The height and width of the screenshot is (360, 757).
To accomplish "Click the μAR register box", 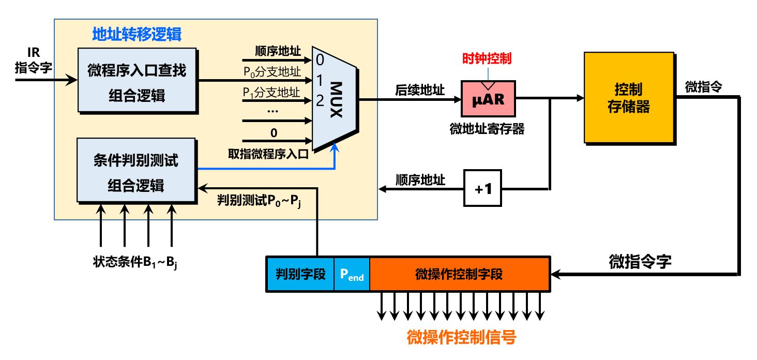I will (x=488, y=98).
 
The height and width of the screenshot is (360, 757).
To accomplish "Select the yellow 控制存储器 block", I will (x=629, y=97).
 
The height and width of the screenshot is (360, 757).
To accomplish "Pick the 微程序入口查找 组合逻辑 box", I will (x=137, y=80).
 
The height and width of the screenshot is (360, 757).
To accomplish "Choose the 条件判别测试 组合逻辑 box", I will (x=136, y=170).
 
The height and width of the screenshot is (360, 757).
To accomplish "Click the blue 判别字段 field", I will (x=300, y=274).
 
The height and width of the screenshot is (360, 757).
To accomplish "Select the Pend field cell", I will (x=352, y=274).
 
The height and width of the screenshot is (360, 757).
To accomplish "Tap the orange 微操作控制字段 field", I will (x=459, y=274).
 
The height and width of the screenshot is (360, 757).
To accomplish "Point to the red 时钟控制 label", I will (x=487, y=58).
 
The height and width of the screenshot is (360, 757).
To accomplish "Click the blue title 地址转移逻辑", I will (x=137, y=34).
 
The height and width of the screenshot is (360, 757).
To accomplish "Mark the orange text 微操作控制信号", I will (x=461, y=338).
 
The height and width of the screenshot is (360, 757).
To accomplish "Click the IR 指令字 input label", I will (x=33, y=61).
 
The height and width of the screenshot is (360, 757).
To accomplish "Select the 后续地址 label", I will (x=419, y=91).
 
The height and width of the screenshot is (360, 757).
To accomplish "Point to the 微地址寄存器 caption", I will (x=487, y=129).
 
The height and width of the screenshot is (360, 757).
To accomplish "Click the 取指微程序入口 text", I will (x=268, y=153).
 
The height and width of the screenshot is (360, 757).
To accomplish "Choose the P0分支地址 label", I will (x=272, y=72).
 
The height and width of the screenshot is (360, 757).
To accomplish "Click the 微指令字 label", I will (x=640, y=262).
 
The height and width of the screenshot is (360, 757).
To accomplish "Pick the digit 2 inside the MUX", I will (x=320, y=100).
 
